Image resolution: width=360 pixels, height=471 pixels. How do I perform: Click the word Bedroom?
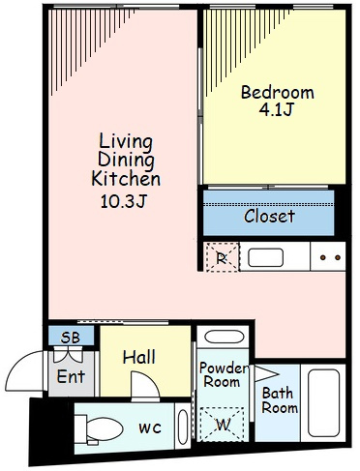click(x=278, y=93)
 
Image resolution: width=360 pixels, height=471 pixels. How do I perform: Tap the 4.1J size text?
click(x=277, y=110)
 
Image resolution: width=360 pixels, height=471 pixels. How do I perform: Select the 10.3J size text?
click(x=124, y=202)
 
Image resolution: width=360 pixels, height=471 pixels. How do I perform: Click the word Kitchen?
click(x=126, y=178)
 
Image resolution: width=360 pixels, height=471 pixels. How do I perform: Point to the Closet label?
click(x=269, y=216)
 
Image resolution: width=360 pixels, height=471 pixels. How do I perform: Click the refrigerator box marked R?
click(x=222, y=257)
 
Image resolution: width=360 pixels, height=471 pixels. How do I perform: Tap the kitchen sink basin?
click(x=265, y=257)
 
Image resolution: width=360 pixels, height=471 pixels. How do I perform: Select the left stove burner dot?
click(x=322, y=257)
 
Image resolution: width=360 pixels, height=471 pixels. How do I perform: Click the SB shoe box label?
click(x=71, y=338)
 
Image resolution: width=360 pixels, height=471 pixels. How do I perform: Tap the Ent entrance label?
click(x=71, y=376)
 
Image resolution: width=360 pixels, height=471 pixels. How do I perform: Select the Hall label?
click(x=139, y=357)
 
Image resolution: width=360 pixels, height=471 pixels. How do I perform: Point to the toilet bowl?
click(x=104, y=429)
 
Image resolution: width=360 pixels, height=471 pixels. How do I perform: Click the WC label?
click(x=150, y=428)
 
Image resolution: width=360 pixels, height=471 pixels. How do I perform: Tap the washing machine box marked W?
click(x=221, y=425)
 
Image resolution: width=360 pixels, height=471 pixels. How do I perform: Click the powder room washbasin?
click(x=224, y=337)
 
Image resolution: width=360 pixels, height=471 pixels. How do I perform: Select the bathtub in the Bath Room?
click(x=323, y=403)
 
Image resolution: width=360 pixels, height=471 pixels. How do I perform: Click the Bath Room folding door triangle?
click(x=266, y=374)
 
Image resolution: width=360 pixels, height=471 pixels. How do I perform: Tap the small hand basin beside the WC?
click(x=183, y=427)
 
